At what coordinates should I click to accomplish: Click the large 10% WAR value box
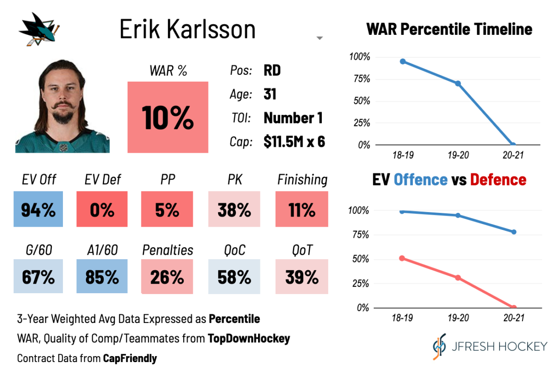click(x=168, y=117)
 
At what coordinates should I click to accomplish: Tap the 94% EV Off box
click(x=38, y=210)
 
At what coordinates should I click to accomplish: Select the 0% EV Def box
click(x=101, y=210)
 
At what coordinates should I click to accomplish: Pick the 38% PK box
click(x=234, y=210)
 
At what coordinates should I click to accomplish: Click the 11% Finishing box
click(x=302, y=210)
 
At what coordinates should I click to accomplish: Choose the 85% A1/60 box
click(x=101, y=277)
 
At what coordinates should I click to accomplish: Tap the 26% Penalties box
click(x=167, y=277)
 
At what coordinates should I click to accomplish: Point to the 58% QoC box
click(x=234, y=277)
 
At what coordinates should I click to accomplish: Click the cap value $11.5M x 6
click(x=294, y=142)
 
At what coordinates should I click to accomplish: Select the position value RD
click(x=272, y=71)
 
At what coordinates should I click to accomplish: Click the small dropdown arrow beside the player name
click(x=320, y=39)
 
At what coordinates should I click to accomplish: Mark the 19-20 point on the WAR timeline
click(x=458, y=84)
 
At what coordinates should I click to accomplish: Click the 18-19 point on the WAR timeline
click(x=403, y=61)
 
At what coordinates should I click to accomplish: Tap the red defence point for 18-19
click(x=403, y=258)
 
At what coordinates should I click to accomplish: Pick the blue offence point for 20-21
click(x=513, y=232)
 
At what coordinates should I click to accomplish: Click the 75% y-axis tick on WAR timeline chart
click(x=360, y=79)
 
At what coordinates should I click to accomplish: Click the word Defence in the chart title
click(x=498, y=179)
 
